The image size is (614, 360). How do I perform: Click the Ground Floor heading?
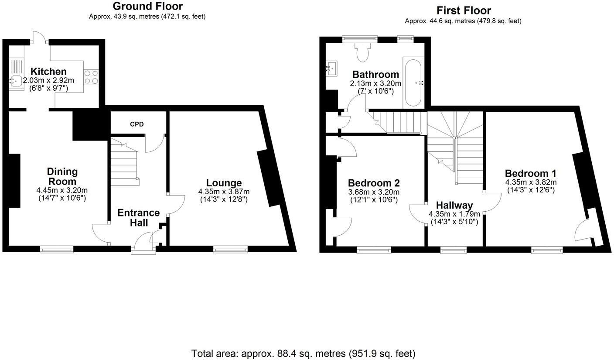pyautogui.click(x=147, y=6)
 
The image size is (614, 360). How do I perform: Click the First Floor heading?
pyautogui.click(x=463, y=10)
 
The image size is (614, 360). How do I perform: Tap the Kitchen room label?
pyautogui.click(x=48, y=72)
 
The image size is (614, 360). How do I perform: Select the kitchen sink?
pyautogui.click(x=16, y=81)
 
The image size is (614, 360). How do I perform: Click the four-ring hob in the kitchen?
pyautogui.click(x=91, y=77)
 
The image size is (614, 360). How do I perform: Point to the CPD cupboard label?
pyautogui.click(x=136, y=124)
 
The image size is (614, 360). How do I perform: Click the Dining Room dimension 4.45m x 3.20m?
pyautogui.click(x=62, y=190)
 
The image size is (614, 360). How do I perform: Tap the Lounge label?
pyautogui.click(x=224, y=183)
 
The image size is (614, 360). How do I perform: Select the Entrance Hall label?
pyautogui.click(x=138, y=218)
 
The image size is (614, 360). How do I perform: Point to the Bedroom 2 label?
pyautogui.click(x=373, y=183)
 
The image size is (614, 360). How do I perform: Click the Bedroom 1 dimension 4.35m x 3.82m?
pyautogui.click(x=531, y=182)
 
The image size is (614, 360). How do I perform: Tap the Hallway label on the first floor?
pyautogui.click(x=454, y=205)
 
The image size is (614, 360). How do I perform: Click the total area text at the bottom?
pyautogui.click(x=303, y=353)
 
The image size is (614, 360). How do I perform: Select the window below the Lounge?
pyautogui.click(x=230, y=249)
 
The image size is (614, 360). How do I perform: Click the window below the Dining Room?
pyautogui.click(x=57, y=249)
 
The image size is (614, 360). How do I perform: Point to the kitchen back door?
pyautogui.click(x=39, y=38)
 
